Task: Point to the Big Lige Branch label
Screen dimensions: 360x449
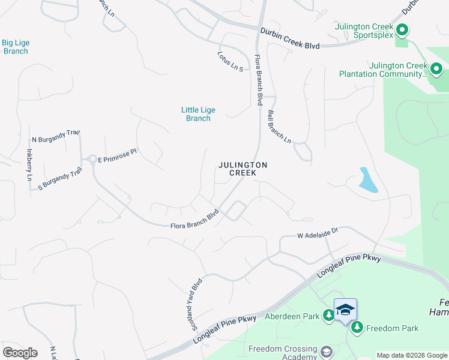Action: click(x=16, y=47)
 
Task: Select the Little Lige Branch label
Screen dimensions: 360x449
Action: click(x=198, y=114)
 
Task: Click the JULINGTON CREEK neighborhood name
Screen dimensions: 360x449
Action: click(x=243, y=169)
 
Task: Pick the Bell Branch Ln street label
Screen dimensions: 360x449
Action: click(x=279, y=127)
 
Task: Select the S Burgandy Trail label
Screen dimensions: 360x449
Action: click(x=59, y=179)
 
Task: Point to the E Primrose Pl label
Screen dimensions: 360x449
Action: click(x=118, y=155)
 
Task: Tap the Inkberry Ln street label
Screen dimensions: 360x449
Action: click(x=28, y=164)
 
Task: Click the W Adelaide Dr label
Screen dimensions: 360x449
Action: click(x=318, y=233)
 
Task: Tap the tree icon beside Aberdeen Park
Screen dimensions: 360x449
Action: click(x=328, y=315)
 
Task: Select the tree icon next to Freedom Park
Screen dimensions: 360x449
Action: click(x=357, y=328)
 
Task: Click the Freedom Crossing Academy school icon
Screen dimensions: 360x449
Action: click(x=327, y=350)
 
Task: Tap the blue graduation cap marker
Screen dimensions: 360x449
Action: click(x=345, y=310)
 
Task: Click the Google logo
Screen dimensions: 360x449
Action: click(x=20, y=352)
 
